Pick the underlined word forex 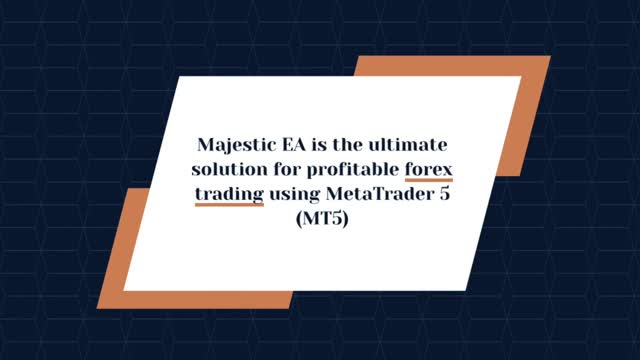tap(429, 169)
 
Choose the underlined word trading tap(229, 194)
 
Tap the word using tap(292, 194)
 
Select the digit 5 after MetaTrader tap(445, 193)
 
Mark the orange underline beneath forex tap(429, 180)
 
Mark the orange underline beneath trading tap(229, 204)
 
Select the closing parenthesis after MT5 tap(343, 218)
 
